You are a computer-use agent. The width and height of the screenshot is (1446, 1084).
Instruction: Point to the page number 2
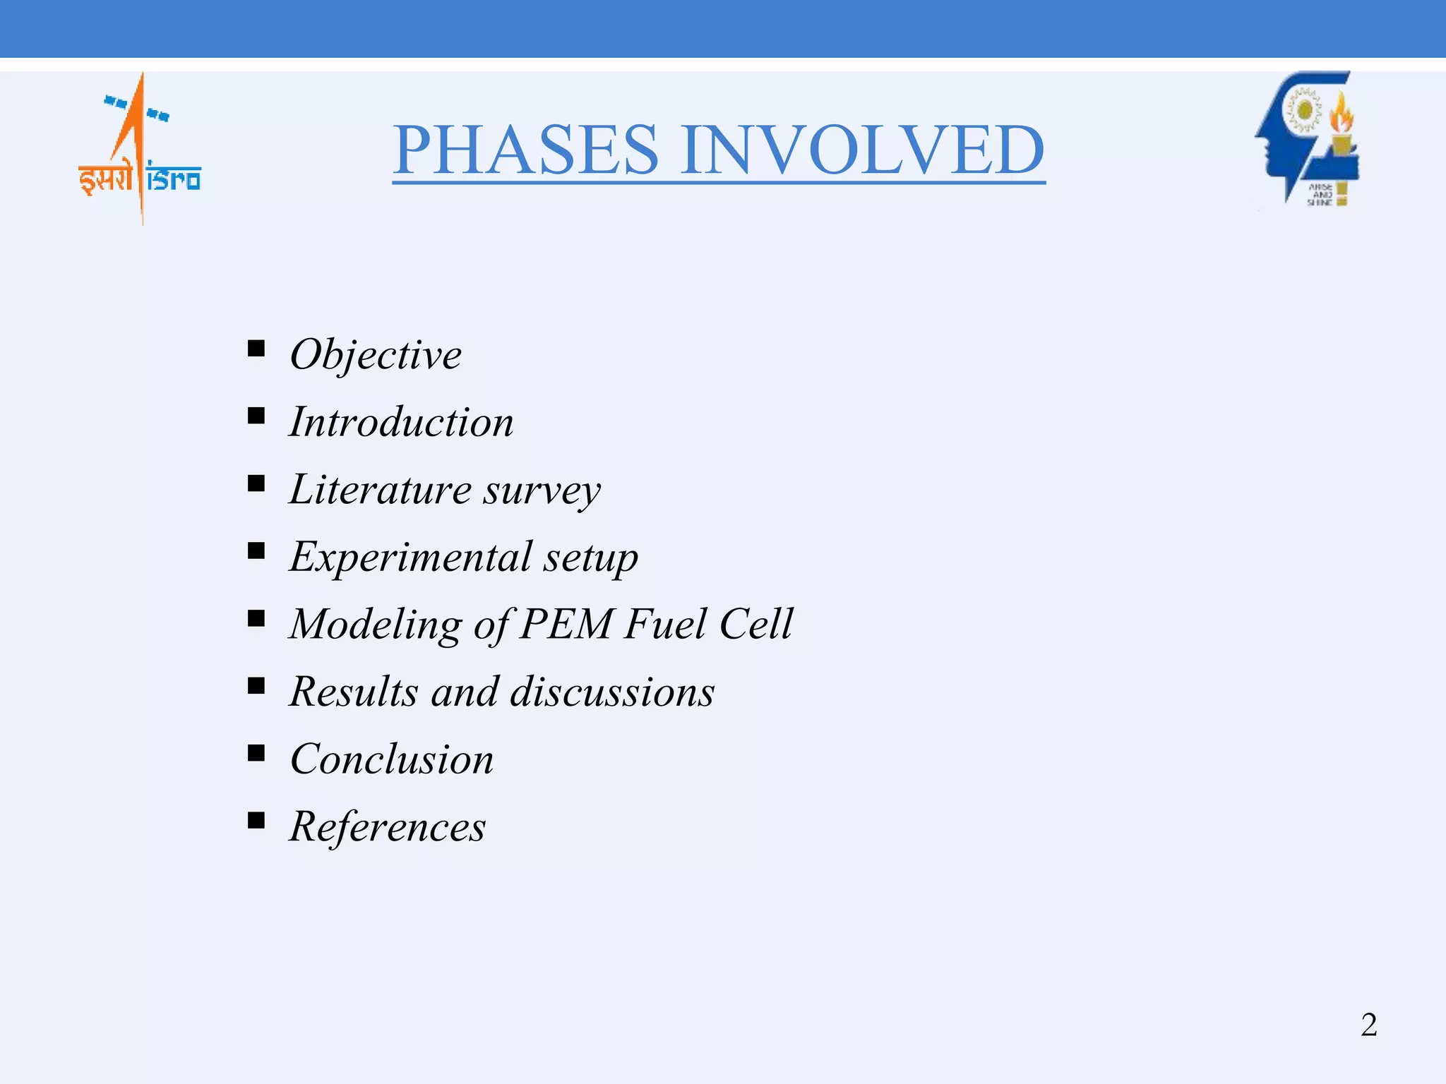pos(1368,1025)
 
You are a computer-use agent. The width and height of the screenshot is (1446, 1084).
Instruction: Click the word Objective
pos(376,354)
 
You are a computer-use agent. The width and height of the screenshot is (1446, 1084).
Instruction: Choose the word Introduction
pos(401,422)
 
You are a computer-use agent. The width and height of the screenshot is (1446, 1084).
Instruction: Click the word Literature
pos(380,489)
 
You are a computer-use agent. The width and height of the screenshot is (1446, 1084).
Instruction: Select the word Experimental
pos(410,557)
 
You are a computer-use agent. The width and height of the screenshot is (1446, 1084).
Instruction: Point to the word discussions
pos(611,692)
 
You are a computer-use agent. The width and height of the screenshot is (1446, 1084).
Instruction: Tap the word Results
pos(354,692)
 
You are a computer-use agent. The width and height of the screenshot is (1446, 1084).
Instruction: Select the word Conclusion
pos(392,759)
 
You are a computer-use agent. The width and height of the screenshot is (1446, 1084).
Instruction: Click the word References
pos(388,826)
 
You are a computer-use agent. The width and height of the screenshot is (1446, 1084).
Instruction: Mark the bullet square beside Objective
pos(256,348)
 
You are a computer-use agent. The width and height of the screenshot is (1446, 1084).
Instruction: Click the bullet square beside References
pos(256,820)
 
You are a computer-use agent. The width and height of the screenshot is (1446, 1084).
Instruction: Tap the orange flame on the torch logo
pos(1341,113)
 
